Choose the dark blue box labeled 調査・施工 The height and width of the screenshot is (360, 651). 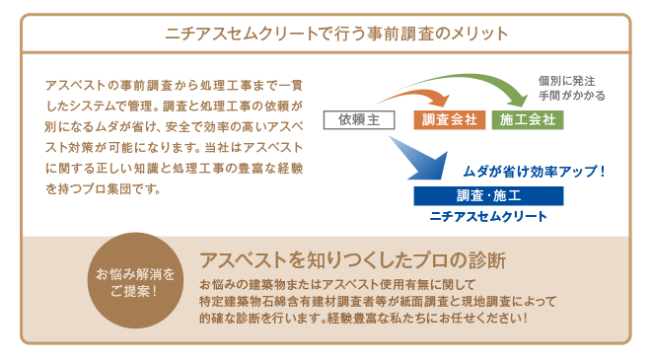pos(488,194)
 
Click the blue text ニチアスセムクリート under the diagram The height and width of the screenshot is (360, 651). pos(488,214)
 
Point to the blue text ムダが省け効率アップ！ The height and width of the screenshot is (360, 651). pos(533,170)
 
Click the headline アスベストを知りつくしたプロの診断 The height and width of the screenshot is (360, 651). pos(352,261)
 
